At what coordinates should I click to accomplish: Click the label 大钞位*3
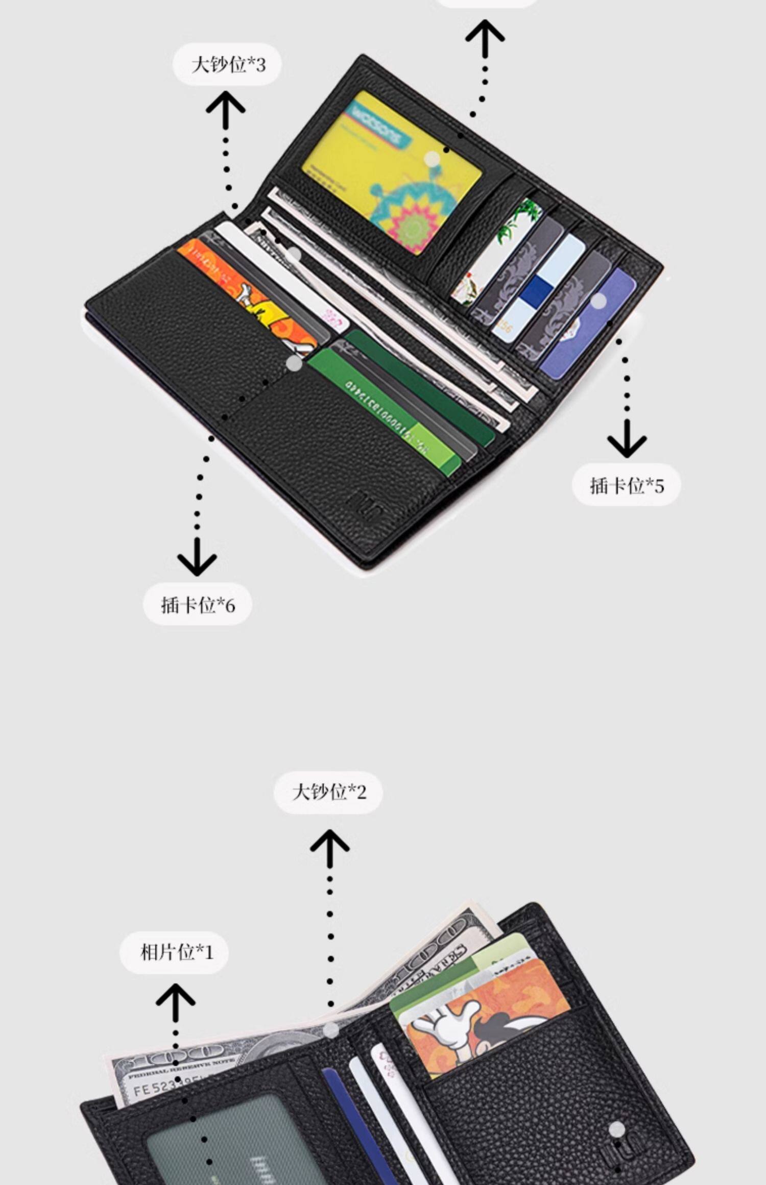tap(227, 64)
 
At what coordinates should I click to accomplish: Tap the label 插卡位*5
tap(626, 485)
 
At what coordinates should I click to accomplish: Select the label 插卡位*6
tap(198, 605)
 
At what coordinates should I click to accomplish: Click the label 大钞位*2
tap(328, 792)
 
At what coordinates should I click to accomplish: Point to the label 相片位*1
tap(174, 952)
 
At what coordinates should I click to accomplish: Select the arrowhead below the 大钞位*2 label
tap(330, 843)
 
